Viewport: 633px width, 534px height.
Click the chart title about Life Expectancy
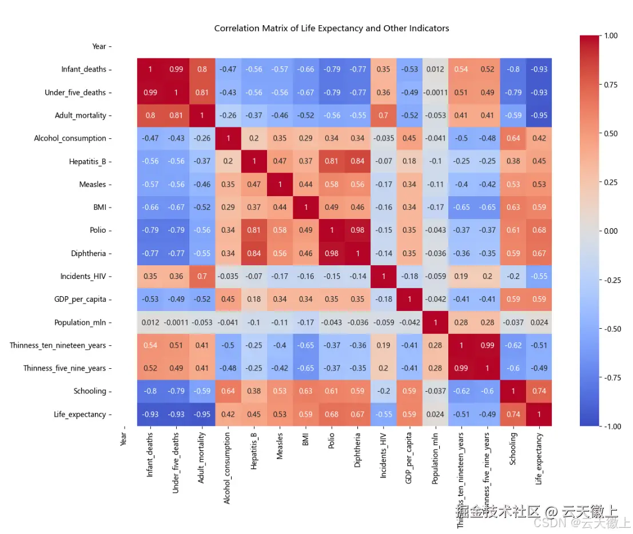331,28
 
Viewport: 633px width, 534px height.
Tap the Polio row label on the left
98,230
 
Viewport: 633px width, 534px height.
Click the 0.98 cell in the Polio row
357,230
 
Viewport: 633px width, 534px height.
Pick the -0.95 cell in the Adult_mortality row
539,115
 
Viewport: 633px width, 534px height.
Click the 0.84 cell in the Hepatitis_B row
357,161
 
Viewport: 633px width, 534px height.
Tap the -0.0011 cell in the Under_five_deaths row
435,92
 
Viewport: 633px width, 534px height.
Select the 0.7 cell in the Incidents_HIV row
201,276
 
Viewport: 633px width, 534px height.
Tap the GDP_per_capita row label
83,299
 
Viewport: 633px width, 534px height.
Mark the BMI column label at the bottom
305,440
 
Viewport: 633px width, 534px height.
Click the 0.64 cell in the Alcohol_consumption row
513,138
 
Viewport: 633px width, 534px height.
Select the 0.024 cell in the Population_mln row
539,322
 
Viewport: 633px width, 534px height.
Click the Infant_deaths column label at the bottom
150,455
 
